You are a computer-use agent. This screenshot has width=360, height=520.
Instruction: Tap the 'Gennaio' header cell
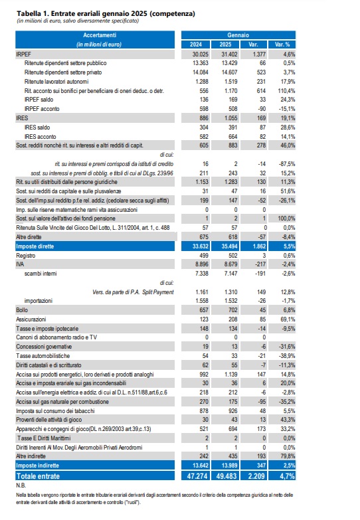coord(238,35)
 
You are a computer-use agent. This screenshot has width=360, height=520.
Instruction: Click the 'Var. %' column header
coord(282,44)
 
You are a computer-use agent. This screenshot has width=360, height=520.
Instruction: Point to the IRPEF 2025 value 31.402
coord(229,54)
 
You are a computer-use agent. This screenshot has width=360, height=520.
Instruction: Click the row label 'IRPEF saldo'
coord(39,100)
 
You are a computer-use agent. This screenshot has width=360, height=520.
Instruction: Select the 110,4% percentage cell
coord(286,90)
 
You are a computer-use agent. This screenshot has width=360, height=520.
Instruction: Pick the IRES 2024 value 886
coord(204,118)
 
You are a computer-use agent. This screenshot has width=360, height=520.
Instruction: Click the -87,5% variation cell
coord(287,164)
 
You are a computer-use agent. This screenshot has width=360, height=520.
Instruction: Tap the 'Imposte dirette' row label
coord(35,246)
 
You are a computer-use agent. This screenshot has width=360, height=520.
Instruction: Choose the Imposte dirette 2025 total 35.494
coord(229,246)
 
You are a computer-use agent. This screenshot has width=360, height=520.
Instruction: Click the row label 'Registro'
coord(25,256)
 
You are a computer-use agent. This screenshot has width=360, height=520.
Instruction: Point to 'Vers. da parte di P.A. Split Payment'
coord(133,292)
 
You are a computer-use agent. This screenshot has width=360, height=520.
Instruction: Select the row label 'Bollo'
coord(22,310)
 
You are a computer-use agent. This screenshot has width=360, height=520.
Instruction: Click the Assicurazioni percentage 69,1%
coord(288,319)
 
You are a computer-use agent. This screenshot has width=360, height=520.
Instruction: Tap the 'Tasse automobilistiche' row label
coord(43,356)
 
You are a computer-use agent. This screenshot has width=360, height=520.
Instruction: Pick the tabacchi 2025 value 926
coord(233,411)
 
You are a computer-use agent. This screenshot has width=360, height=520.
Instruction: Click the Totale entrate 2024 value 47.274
coord(197,476)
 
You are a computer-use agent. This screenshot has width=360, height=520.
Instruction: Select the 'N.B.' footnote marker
coord(21,485)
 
